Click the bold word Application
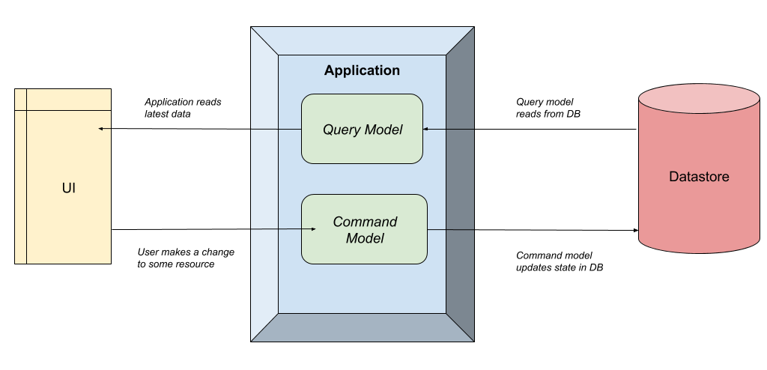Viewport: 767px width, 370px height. pyautogui.click(x=362, y=70)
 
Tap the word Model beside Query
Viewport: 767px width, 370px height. pyautogui.click(x=383, y=130)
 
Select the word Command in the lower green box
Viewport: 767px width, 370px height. pyautogui.click(x=365, y=222)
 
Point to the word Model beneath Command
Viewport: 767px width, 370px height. pyautogui.click(x=365, y=238)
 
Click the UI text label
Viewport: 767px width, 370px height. pyautogui.click(x=68, y=188)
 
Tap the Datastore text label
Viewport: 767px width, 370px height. pyautogui.click(x=698, y=178)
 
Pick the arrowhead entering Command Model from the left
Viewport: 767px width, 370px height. pyautogui.click(x=297, y=228)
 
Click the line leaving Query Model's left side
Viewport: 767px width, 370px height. pyautogui.click(x=276, y=130)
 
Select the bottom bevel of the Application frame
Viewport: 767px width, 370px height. pyautogui.click(x=362, y=327)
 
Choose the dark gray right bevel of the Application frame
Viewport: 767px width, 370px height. pyautogui.click(x=460, y=184)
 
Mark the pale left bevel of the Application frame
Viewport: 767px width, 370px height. pyautogui.click(x=264, y=184)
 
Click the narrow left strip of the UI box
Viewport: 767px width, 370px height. pyautogui.click(x=20, y=187)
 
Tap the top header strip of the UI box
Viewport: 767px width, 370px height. pyautogui.click(x=67, y=100)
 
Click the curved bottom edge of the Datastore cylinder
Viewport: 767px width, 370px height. pyautogui.click(x=699, y=252)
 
